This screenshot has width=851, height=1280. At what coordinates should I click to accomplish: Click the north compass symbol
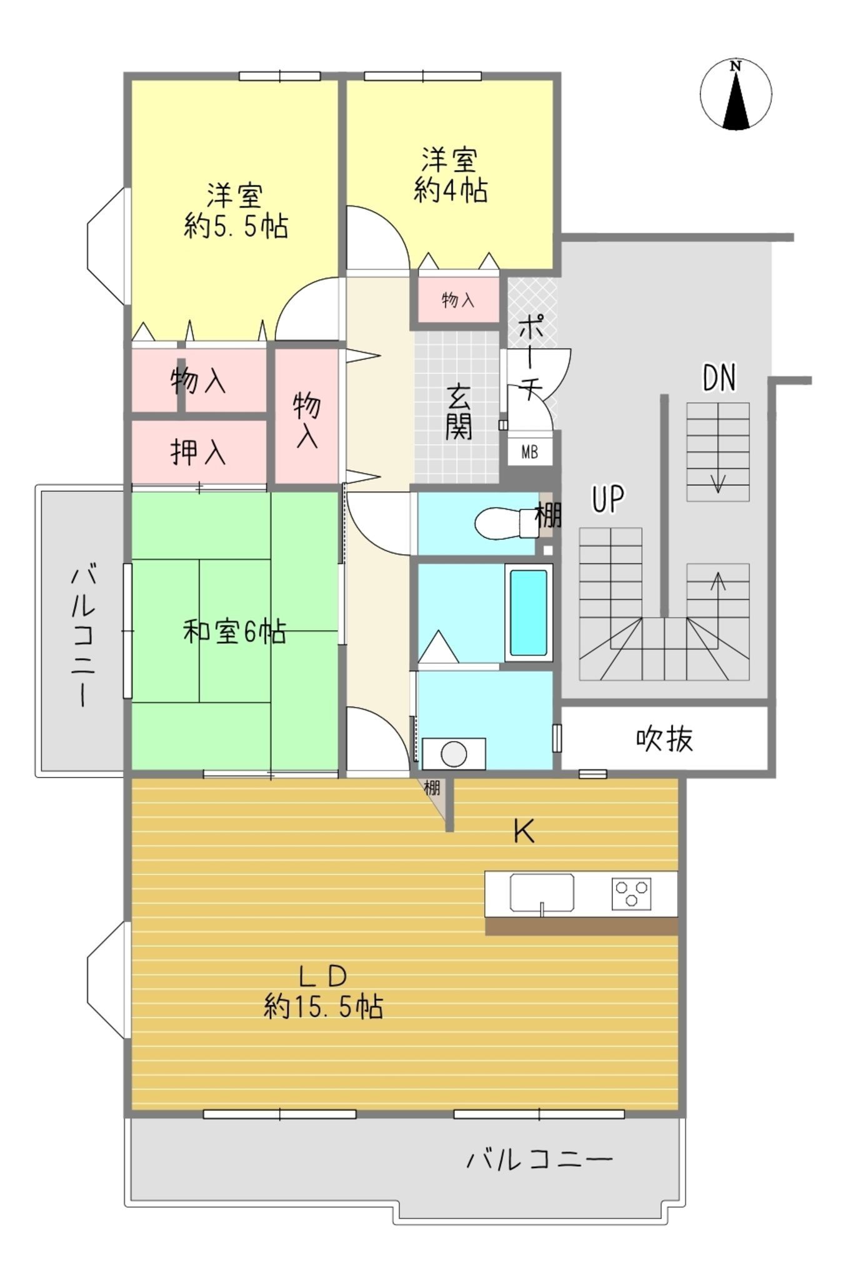tap(735, 94)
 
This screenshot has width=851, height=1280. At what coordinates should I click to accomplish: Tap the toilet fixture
tap(506, 522)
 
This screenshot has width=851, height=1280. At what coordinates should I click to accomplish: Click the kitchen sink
tap(542, 892)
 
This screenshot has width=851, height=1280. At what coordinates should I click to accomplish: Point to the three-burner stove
tap(631, 893)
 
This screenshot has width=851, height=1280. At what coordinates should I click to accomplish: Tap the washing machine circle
tap(454, 754)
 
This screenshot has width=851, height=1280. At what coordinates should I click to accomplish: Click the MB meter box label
tap(529, 452)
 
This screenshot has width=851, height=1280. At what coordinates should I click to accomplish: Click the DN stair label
tap(719, 378)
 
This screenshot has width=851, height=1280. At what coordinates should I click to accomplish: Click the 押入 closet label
tap(198, 452)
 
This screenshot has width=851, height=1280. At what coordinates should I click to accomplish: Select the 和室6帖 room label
tap(234, 632)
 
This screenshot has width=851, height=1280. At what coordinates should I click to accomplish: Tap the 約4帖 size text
tap(450, 190)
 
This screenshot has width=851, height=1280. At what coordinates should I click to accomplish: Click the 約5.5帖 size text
tap(236, 226)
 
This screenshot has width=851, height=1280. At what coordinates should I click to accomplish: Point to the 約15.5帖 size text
tap(323, 1007)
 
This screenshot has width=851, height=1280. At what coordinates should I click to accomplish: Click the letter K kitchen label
tap(524, 832)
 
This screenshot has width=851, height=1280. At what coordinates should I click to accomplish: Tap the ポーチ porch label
tap(530, 356)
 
